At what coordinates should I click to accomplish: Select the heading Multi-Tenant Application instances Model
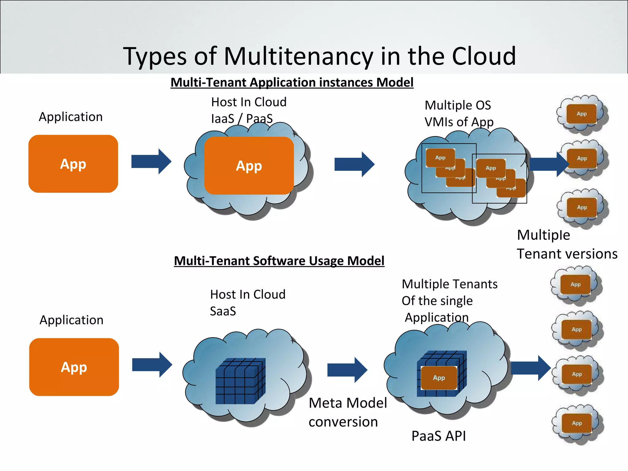tap(292, 82)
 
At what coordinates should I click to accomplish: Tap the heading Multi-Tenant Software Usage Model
tap(279, 261)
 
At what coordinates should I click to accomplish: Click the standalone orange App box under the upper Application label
tap(73, 164)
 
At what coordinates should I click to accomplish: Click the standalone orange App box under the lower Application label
tap(74, 367)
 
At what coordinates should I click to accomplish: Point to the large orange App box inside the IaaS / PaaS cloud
tap(249, 166)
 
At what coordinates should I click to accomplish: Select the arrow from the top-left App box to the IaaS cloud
tap(151, 161)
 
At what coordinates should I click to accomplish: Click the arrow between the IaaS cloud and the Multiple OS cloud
tap(354, 164)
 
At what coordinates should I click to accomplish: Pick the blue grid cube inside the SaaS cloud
tap(240, 381)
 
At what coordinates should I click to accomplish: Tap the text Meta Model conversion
tap(347, 412)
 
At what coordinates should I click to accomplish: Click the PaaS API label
tap(438, 436)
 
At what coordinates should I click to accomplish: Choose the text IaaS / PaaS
tap(242, 119)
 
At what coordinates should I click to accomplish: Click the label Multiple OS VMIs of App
tap(459, 113)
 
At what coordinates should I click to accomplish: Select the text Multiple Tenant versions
tap(567, 244)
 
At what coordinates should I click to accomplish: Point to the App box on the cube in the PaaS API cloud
tap(439, 378)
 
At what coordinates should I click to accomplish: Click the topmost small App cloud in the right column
tap(582, 114)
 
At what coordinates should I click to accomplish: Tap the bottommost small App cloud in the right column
tap(577, 423)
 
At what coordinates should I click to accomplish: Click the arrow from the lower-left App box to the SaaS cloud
tap(152, 365)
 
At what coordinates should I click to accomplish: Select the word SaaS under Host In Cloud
tap(223, 311)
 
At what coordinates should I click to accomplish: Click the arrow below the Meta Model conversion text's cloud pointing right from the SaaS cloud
tap(347, 370)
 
